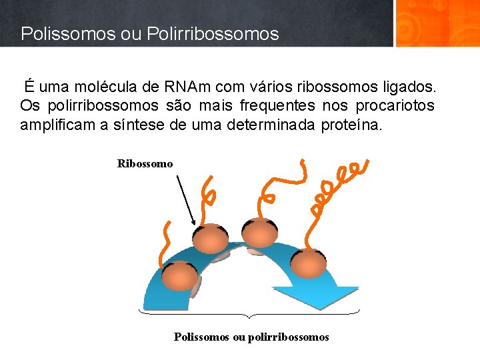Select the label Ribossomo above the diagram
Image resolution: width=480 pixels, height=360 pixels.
tap(145, 163)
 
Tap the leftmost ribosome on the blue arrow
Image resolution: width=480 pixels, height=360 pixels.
tap(178, 277)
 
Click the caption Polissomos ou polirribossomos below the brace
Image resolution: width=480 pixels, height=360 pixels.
tap(251, 337)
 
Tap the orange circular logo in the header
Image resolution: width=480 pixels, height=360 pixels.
tap(437, 23)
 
